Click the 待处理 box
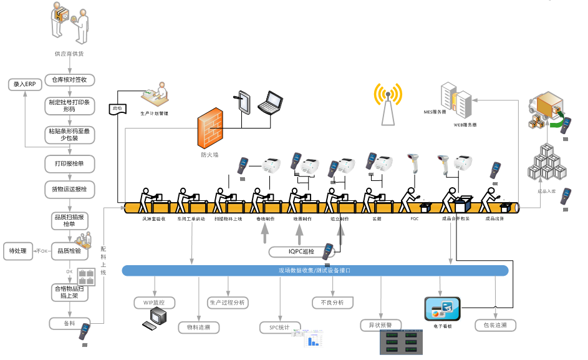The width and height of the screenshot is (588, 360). pos(18,251)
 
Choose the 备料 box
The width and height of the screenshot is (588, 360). pos(69,323)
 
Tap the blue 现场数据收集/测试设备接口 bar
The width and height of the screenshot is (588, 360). pos(315,271)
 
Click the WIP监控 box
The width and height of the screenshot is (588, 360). pos(155,303)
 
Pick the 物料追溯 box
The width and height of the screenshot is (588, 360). pos(198,327)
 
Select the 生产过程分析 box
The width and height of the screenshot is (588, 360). pos(227,303)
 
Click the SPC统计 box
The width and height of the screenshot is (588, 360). pos(279,328)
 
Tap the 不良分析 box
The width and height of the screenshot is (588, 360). pos(332,303)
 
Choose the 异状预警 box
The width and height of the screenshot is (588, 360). pos(380,325)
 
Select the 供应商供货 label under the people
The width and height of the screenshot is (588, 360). pos(69,54)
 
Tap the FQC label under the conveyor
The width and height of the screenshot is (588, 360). pos(414,220)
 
